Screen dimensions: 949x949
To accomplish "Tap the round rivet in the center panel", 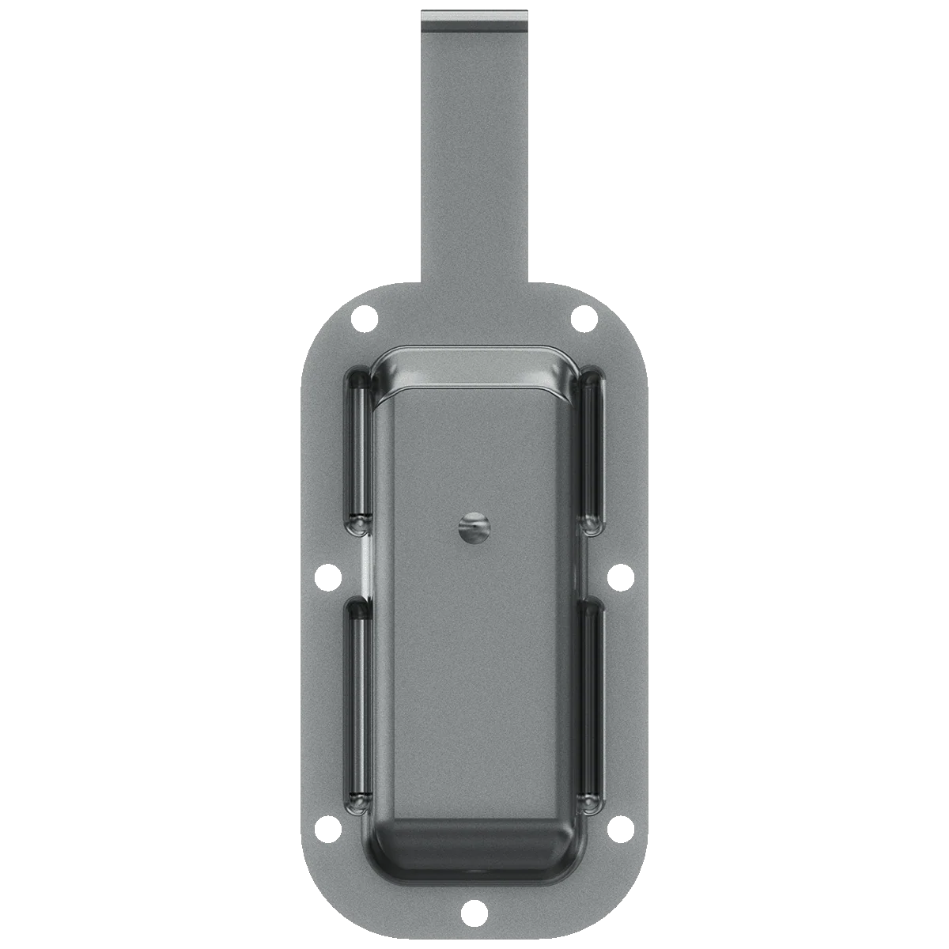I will coord(475,527).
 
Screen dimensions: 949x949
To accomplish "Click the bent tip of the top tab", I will coord(475,19).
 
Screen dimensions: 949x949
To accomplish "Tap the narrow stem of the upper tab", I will coord(475,158).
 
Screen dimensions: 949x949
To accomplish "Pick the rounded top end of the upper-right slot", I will coord(592,378).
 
